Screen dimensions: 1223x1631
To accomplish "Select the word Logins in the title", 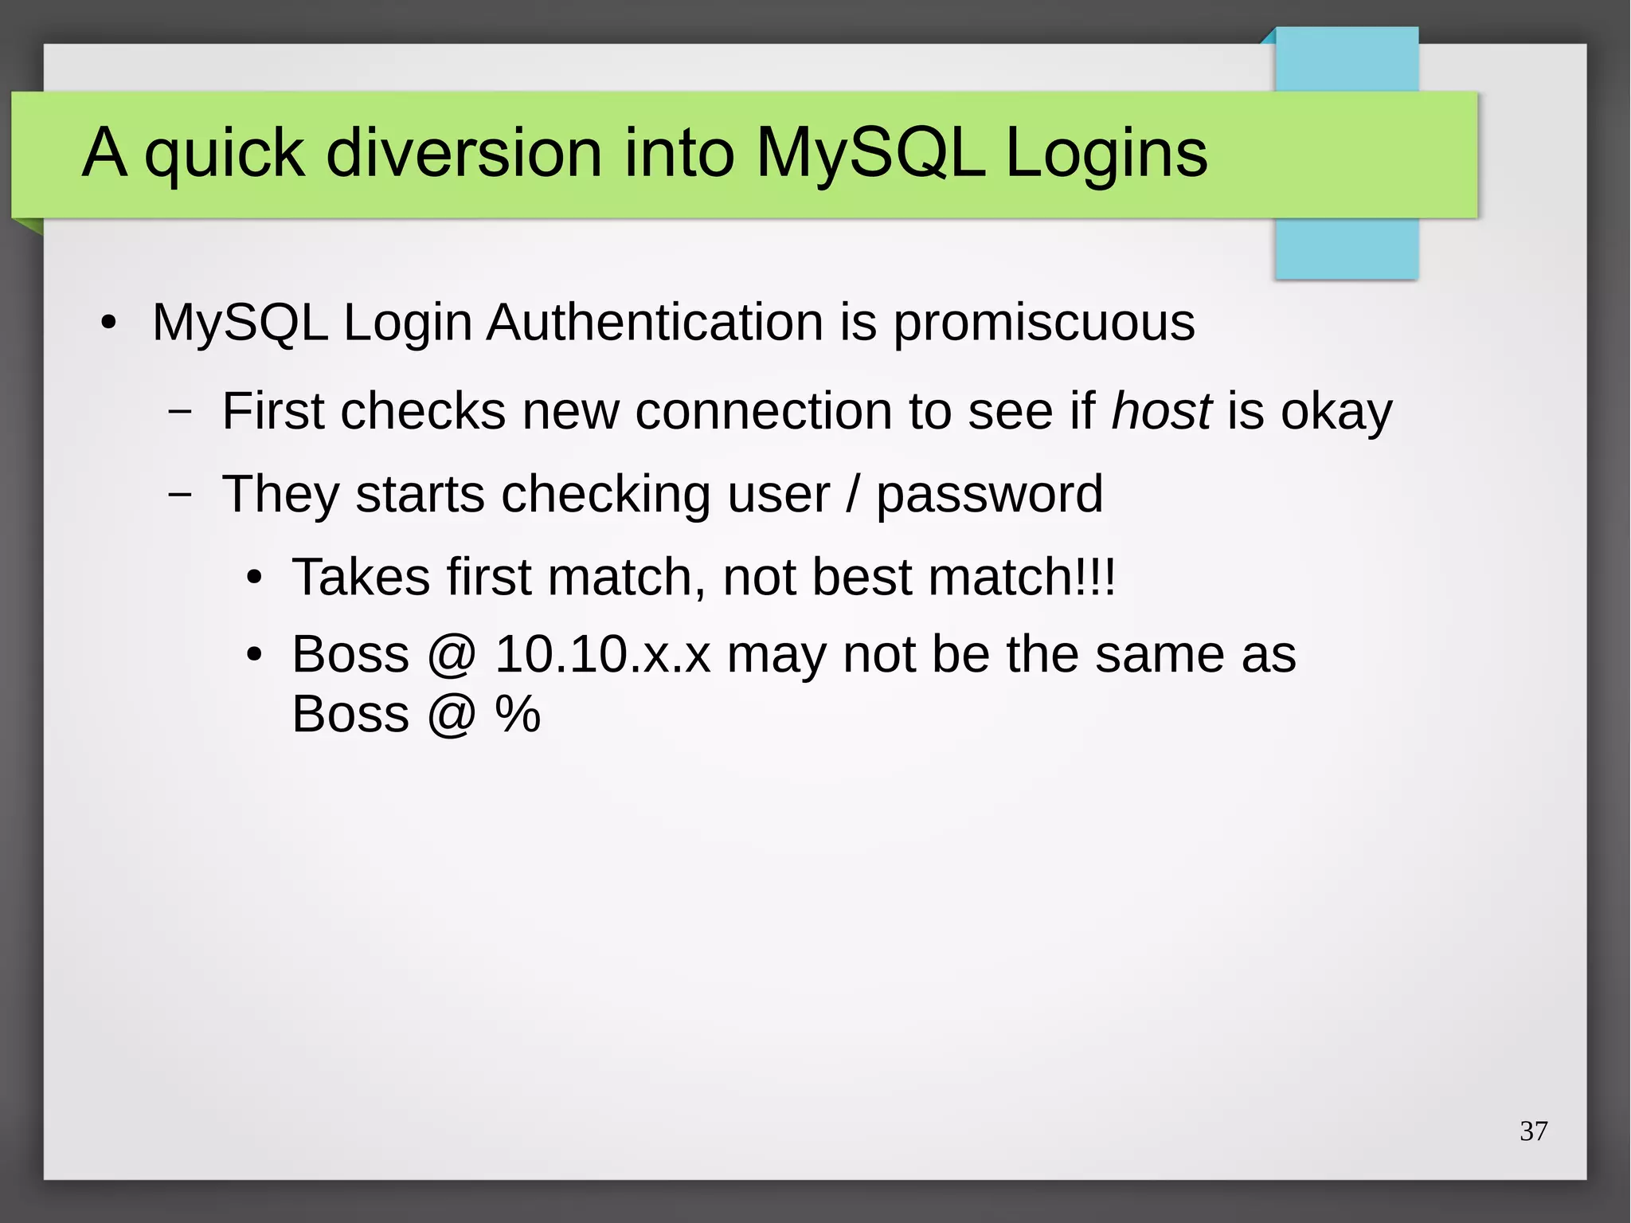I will pos(1106,153).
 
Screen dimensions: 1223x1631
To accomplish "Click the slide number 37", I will pos(1533,1131).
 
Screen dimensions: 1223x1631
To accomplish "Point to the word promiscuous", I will pos(1043,323).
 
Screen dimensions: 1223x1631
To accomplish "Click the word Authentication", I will pos(655,323).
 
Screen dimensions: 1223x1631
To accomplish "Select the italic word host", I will pos(1161,411).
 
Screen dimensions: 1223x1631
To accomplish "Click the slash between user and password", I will pos(853,494).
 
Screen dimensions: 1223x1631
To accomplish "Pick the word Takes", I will pos(362,576).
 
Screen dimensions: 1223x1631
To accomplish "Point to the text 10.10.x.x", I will pos(602,654).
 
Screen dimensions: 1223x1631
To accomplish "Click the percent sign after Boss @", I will pos(518,714).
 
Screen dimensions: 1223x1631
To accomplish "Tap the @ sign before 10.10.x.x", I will pos(452,656).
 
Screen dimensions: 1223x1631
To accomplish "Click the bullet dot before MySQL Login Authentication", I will pos(109,323).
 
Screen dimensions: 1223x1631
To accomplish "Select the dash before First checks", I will pos(181,412).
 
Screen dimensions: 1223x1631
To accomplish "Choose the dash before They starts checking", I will pos(181,495).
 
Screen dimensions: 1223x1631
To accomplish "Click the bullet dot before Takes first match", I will pos(254,578).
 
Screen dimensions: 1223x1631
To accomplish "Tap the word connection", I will pos(763,411).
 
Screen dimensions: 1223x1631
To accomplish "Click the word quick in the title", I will pos(224,153).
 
